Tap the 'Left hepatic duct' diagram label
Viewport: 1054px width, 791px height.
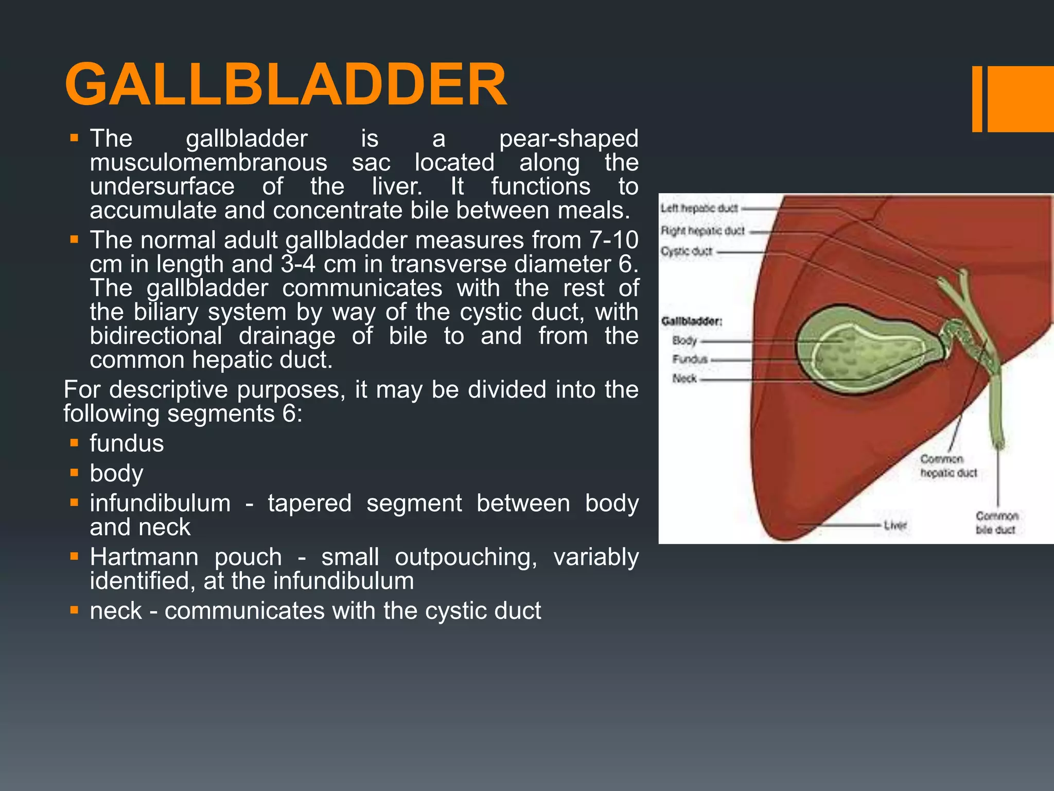[x=699, y=209]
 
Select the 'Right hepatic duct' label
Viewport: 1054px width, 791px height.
[x=702, y=231]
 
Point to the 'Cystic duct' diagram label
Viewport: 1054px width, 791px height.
[x=687, y=252]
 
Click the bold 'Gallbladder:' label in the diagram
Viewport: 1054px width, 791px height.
[x=692, y=321]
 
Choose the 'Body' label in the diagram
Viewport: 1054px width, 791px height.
[x=684, y=340]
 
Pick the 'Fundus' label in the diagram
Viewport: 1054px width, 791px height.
[x=690, y=359]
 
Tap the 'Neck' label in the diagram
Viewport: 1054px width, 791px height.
[x=684, y=379]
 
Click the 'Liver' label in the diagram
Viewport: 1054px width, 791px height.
[x=895, y=525]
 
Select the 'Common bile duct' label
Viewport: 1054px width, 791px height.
[x=997, y=523]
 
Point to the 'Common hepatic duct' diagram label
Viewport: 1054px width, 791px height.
[x=948, y=466]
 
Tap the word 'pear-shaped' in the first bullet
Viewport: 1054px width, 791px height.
[x=568, y=139]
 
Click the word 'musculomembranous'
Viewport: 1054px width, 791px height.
[x=208, y=163]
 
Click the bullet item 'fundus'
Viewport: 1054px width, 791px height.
[x=127, y=443]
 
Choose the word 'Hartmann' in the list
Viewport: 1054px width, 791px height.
[x=144, y=557]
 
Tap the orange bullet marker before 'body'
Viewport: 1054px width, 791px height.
[x=75, y=473]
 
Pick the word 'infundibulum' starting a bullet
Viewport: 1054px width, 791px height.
[x=160, y=503]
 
